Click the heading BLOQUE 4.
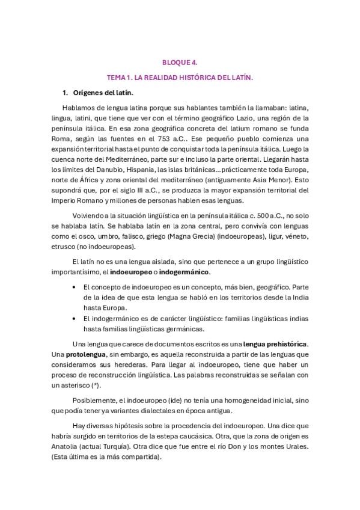tap(180, 62)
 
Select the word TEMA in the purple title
tap(115, 78)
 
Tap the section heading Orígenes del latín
tap(103, 93)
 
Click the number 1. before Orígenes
tap(66, 93)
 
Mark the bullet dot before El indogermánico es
tap(73, 318)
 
